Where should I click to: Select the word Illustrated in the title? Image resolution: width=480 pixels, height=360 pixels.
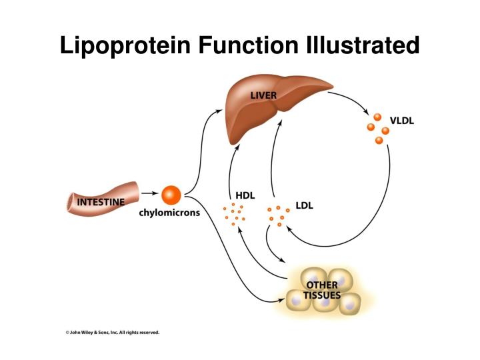(x=360, y=45)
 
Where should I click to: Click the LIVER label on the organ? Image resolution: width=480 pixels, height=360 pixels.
(x=263, y=95)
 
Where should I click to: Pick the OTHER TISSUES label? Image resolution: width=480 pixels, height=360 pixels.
(x=322, y=290)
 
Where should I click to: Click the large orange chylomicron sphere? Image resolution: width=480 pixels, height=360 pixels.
(x=171, y=195)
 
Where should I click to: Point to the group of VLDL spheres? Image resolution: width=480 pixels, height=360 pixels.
(x=378, y=128)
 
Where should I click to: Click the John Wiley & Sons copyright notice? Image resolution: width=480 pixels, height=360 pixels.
(x=112, y=331)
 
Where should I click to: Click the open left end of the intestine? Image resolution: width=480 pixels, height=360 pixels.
(x=70, y=203)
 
